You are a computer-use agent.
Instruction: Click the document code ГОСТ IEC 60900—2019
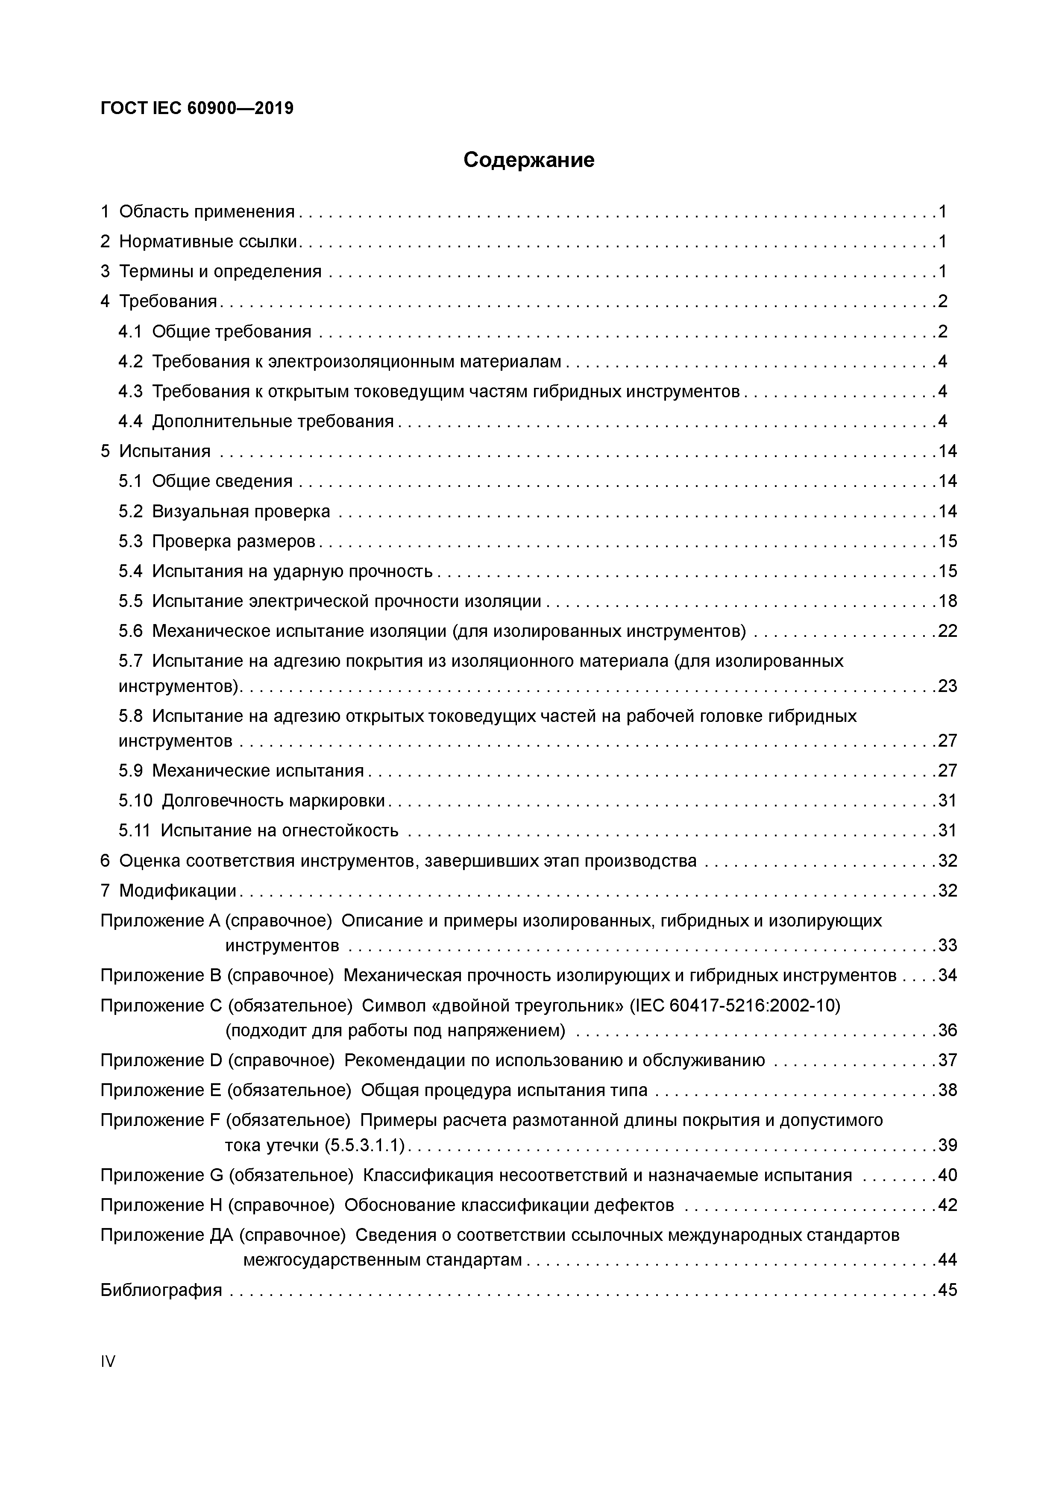pyautogui.click(x=197, y=108)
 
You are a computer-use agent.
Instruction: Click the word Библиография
pyautogui.click(x=161, y=1290)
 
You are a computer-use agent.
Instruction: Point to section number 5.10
pyautogui.click(x=135, y=800)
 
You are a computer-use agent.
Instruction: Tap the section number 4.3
pyautogui.click(x=130, y=391)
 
